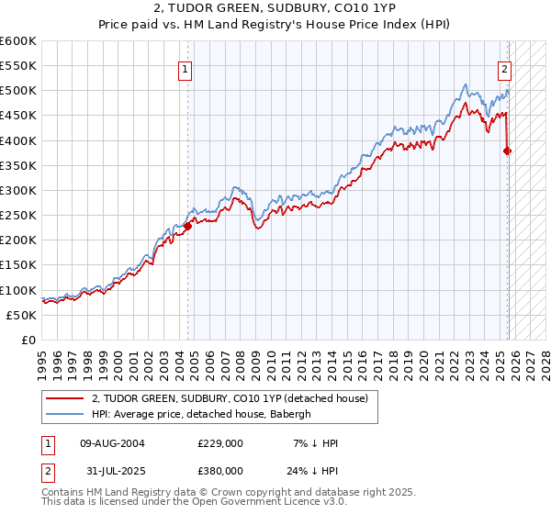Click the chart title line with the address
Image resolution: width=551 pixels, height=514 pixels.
pos(275,9)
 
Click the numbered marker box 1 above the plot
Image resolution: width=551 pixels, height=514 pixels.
pos(186,68)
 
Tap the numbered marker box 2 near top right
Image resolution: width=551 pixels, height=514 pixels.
pos(504,68)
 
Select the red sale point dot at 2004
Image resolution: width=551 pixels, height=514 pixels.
pos(187,226)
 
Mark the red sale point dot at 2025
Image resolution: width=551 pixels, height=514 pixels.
pos(508,151)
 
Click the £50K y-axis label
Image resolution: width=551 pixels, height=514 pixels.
pos(21,315)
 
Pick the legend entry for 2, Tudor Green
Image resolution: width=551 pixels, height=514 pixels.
pos(230,398)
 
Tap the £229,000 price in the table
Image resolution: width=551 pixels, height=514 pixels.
pos(219,443)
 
